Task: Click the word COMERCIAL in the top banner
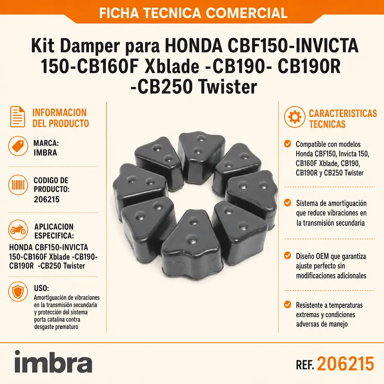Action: (247, 13)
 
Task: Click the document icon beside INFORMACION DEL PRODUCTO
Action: (18, 117)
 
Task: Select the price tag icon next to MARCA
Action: (18, 146)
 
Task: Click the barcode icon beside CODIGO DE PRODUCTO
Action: (18, 185)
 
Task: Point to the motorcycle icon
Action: (18, 230)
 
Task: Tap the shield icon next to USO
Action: (18, 291)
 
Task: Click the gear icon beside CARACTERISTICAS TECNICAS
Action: (295, 117)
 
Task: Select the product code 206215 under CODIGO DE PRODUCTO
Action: (46, 199)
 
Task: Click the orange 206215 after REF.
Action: (345, 364)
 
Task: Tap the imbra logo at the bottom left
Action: (53, 361)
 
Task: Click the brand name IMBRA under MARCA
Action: (45, 153)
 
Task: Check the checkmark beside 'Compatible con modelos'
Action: (288, 144)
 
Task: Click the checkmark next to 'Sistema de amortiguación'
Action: (288, 203)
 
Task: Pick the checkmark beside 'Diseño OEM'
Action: (288, 256)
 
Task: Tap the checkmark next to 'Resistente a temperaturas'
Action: (288, 304)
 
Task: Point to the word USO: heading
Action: (41, 288)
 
